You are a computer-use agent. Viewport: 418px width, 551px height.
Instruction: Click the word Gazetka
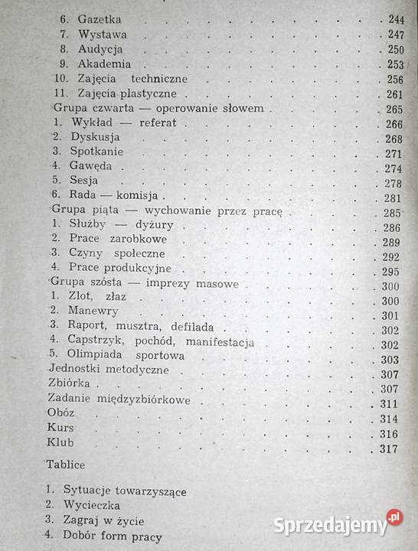(x=100, y=20)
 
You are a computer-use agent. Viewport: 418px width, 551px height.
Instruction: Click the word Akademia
(x=104, y=64)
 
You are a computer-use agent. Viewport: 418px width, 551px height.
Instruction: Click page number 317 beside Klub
(x=390, y=448)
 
